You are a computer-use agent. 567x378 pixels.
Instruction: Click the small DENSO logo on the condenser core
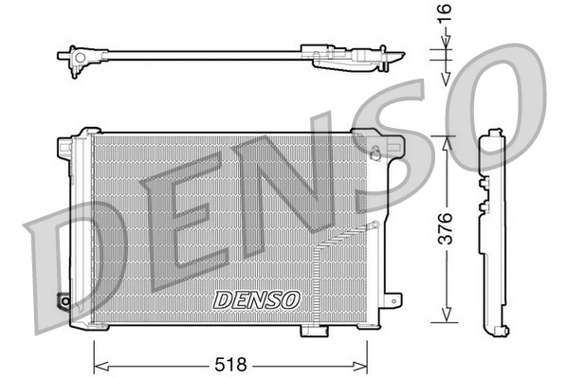pos(256,299)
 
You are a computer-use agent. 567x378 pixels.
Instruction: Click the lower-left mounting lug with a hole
pos(64,302)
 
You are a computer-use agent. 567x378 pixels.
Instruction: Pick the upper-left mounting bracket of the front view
pos(66,147)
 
